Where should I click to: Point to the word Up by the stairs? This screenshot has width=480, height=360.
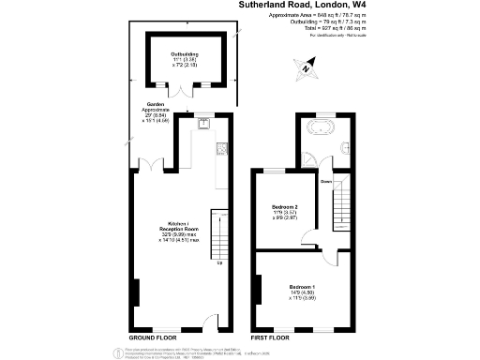219,262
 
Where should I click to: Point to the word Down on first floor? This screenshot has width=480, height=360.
326,181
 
